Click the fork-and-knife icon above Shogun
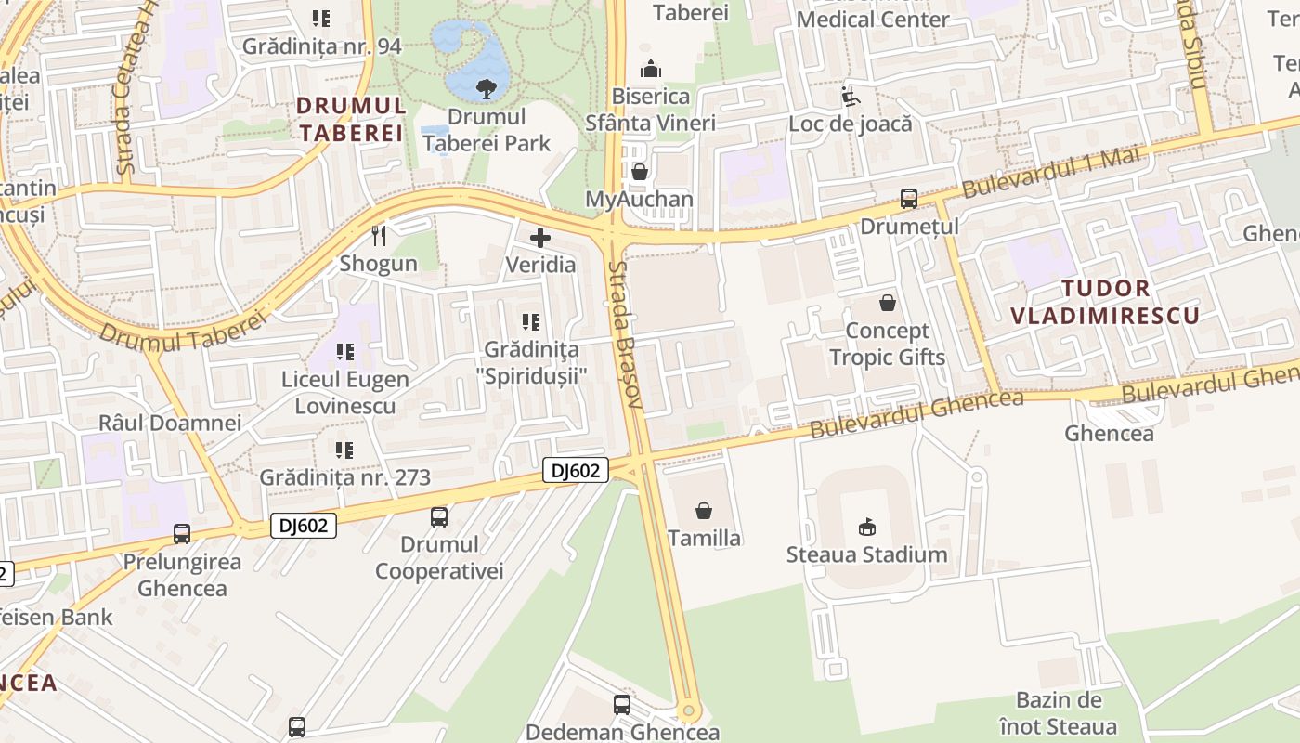pyautogui.click(x=378, y=236)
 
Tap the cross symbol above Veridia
pyautogui.click(x=539, y=238)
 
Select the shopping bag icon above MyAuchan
pyautogui.click(x=639, y=172)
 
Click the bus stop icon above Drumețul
pyautogui.click(x=908, y=199)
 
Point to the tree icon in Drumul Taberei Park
pyautogui.click(x=485, y=89)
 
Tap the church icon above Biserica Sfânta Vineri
pyautogui.click(x=651, y=69)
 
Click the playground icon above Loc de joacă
pyautogui.click(x=850, y=96)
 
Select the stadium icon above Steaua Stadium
pyautogui.click(x=866, y=527)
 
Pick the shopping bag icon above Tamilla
pyautogui.click(x=704, y=511)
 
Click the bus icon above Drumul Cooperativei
pyautogui.click(x=439, y=516)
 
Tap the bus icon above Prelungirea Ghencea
pyautogui.click(x=182, y=534)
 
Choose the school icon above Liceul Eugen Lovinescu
pyautogui.click(x=344, y=352)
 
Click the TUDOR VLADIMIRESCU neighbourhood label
pyautogui.click(x=1104, y=302)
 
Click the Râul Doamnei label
pyautogui.click(x=170, y=423)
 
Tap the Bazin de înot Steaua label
pyautogui.click(x=1058, y=713)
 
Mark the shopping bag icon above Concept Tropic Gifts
pyautogui.click(x=888, y=303)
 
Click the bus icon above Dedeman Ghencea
pyautogui.click(x=622, y=705)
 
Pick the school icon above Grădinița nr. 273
pyautogui.click(x=344, y=450)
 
